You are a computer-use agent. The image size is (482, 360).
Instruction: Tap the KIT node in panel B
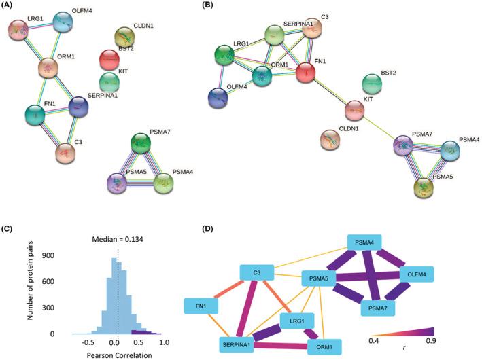[x=354, y=109]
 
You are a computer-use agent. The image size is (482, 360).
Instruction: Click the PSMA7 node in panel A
[x=141, y=143]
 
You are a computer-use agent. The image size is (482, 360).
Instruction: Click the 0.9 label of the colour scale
[x=428, y=349]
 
